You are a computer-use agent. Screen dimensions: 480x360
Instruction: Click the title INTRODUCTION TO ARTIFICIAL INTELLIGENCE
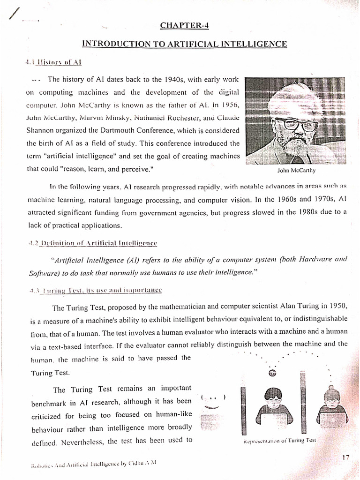184,44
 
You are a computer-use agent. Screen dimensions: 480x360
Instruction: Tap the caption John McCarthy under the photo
293,170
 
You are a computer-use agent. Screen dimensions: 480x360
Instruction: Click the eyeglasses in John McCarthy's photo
296,125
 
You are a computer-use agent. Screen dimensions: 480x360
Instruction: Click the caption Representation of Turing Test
280,441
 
